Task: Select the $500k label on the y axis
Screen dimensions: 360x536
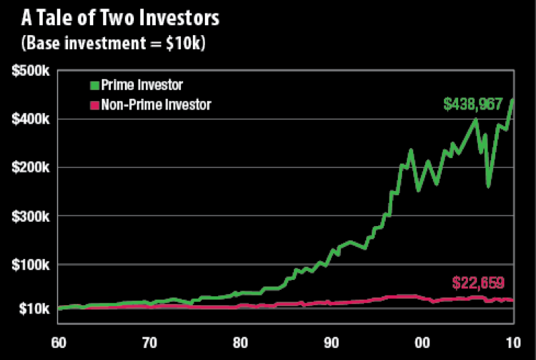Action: point(29,72)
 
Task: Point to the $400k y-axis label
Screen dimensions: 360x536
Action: point(29,119)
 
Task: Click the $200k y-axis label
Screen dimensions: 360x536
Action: point(29,168)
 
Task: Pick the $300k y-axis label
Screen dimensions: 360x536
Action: point(29,216)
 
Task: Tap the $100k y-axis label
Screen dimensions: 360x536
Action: point(29,265)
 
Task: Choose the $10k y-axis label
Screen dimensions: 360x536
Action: point(32,309)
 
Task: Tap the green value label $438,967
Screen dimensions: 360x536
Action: point(473,105)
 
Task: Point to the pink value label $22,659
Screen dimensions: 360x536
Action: point(478,284)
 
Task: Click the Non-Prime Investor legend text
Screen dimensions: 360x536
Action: point(155,105)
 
